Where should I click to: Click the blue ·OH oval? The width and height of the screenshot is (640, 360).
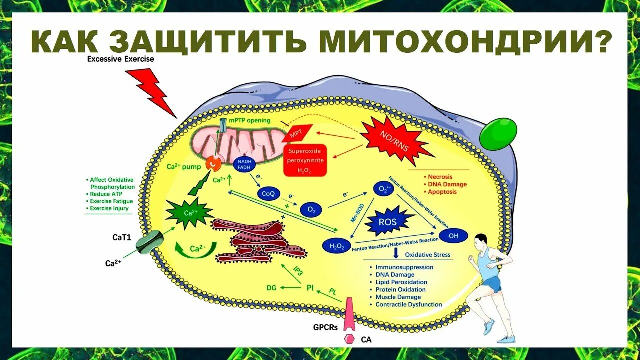452,234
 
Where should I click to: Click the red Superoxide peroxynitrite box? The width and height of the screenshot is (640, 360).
305,160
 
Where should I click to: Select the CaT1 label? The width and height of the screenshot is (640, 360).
121,237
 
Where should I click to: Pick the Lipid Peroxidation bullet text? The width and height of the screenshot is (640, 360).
401,282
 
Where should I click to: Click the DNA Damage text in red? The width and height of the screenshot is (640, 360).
447,184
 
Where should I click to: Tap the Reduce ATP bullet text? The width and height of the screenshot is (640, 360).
106,194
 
